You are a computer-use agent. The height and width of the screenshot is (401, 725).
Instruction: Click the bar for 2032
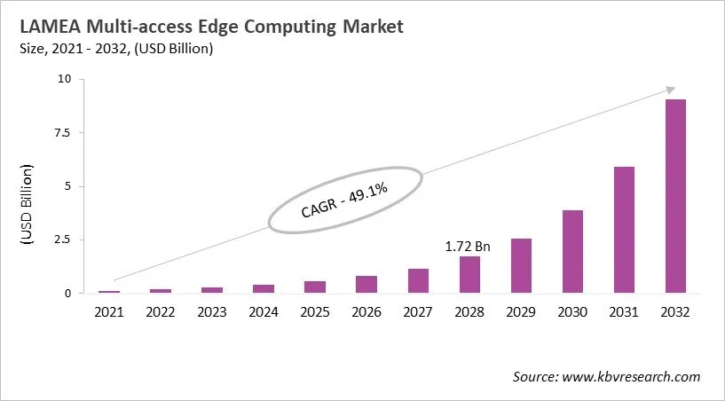[x=675, y=196]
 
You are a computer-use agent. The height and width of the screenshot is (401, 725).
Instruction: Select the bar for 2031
[x=624, y=230]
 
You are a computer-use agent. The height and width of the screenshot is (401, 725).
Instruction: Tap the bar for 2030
[x=572, y=252]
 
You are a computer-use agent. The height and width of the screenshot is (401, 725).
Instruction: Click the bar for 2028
[x=469, y=275]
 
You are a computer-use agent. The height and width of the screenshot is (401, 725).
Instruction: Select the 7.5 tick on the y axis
[x=64, y=132]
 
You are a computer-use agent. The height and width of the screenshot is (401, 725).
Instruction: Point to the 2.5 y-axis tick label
[x=64, y=240]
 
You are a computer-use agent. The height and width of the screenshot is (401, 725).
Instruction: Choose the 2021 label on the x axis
[x=110, y=312]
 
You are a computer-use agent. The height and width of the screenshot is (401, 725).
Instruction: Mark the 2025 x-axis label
[x=315, y=312]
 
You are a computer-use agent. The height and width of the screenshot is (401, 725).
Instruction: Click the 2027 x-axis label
[x=418, y=312]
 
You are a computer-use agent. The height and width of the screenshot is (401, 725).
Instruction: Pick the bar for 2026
[x=366, y=285]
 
